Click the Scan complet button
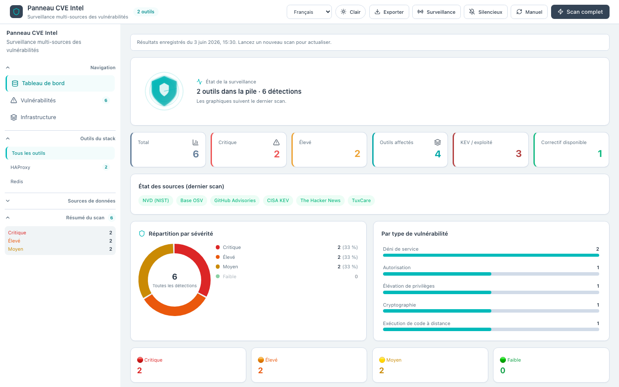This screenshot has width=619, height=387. pyautogui.click(x=580, y=12)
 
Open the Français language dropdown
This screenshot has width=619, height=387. pyautogui.click(x=309, y=12)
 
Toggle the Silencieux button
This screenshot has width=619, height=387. pyautogui.click(x=486, y=12)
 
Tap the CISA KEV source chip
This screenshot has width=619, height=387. pyautogui.click(x=278, y=200)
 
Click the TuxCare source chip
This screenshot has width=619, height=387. pyautogui.click(x=361, y=200)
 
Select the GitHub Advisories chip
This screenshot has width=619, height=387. pyautogui.click(x=235, y=200)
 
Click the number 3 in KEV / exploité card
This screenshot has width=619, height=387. pyautogui.click(x=518, y=154)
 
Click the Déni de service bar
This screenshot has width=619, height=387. pyautogui.click(x=491, y=255)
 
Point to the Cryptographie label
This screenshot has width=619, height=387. pyautogui.click(x=399, y=305)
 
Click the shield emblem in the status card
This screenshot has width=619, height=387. pyautogui.click(x=164, y=91)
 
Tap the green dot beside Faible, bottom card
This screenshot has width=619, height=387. pyautogui.click(x=503, y=360)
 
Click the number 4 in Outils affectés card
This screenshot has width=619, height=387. pyautogui.click(x=438, y=154)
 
